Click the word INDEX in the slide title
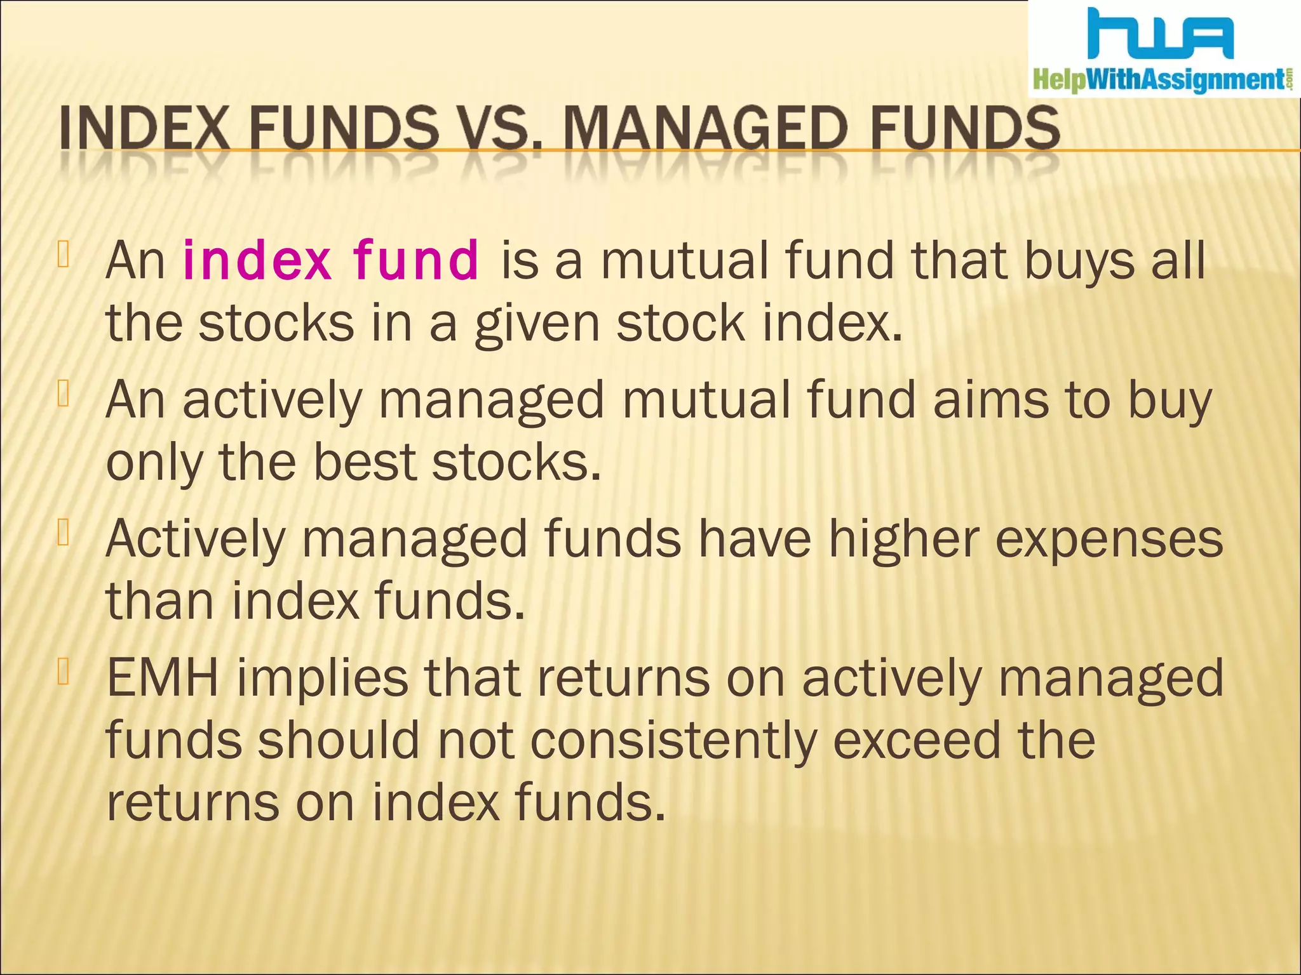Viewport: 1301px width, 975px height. pyautogui.click(x=144, y=128)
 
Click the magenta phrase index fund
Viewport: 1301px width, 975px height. pyautogui.click(x=330, y=260)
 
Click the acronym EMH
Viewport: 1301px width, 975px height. pyautogui.click(x=163, y=678)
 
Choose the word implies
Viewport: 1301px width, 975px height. pyautogui.click(x=322, y=678)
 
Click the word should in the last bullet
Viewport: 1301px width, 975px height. pyautogui.click(x=338, y=741)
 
